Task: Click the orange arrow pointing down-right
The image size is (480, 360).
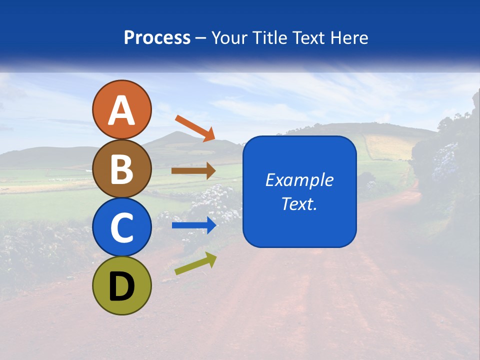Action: tap(195, 128)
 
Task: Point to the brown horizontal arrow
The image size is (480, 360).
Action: tap(193, 171)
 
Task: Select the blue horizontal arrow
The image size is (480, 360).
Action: tap(193, 226)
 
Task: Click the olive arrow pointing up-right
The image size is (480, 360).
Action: tap(195, 263)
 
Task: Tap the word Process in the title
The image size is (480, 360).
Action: tap(157, 38)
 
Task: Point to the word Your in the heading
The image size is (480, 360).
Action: tap(229, 38)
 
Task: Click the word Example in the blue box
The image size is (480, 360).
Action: tap(299, 180)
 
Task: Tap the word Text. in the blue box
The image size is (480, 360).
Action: tap(299, 204)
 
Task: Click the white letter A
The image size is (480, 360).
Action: tap(122, 111)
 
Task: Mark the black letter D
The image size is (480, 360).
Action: tap(122, 286)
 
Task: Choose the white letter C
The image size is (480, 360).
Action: tap(122, 228)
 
